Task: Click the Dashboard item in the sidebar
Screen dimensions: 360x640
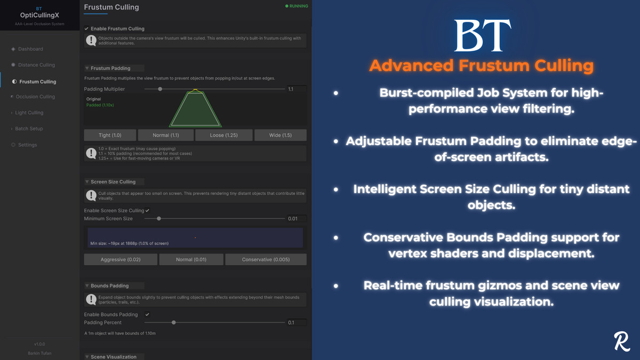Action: coord(30,49)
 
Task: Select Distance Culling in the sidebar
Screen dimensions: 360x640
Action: coord(36,65)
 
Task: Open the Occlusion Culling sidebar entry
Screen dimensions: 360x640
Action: coord(35,97)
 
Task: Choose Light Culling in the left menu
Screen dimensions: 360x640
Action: coord(29,113)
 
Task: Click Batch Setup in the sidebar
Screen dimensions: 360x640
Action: coord(29,129)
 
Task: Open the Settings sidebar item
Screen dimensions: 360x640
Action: coord(27,145)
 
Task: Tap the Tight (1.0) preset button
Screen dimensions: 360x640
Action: coord(110,135)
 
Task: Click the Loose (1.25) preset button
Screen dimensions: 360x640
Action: coord(223,135)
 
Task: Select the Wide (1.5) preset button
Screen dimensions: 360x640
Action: coord(280,135)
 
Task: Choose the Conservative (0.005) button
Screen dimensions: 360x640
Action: coord(266,260)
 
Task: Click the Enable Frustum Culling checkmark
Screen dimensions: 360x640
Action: coord(86,29)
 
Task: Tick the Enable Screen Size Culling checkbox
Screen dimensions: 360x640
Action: coord(147,211)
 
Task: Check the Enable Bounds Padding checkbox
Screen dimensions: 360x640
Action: coord(147,315)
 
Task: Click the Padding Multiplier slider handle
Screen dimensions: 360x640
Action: coord(160,89)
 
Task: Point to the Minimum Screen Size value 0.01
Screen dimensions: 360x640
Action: coord(293,219)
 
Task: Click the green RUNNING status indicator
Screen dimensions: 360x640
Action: coord(297,6)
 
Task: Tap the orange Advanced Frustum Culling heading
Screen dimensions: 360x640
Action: coord(481,66)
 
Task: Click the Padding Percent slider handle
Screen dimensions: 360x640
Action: coord(174,323)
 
